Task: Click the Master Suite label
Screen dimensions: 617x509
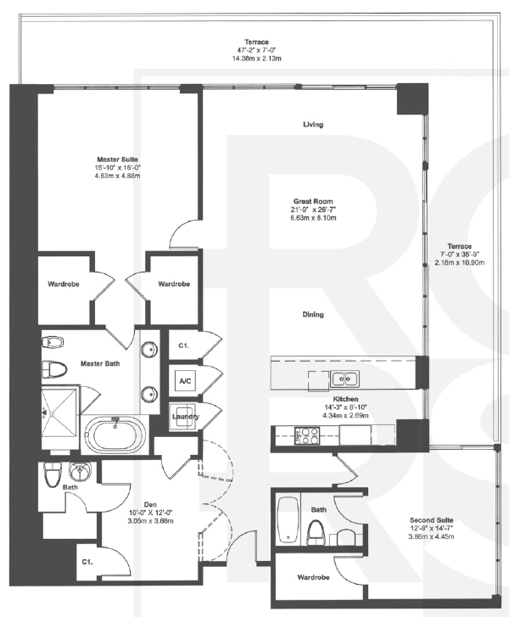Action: pyautogui.click(x=117, y=159)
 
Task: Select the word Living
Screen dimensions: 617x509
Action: pyautogui.click(x=313, y=125)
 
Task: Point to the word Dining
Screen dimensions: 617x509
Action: pyautogui.click(x=313, y=315)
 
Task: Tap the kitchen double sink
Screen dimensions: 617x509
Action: pyautogui.click(x=343, y=379)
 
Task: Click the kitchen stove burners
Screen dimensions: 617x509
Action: pyautogui.click(x=305, y=436)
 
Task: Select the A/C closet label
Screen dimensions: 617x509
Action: pyautogui.click(x=183, y=381)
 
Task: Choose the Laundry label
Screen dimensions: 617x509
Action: pyautogui.click(x=184, y=416)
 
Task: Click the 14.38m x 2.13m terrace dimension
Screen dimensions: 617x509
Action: pyautogui.click(x=256, y=59)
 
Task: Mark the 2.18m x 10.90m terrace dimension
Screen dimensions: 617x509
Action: pyautogui.click(x=461, y=263)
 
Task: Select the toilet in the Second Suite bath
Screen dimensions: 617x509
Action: pyautogui.click(x=316, y=534)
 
